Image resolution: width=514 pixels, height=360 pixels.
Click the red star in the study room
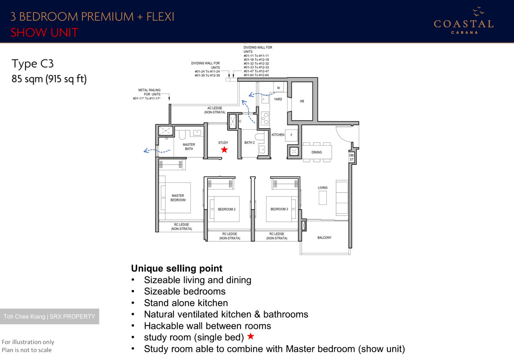(x=224, y=150)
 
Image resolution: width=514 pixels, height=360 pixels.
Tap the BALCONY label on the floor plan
(x=324, y=237)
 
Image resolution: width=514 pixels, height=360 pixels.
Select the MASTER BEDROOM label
(x=178, y=198)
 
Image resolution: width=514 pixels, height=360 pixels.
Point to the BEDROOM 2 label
(x=227, y=209)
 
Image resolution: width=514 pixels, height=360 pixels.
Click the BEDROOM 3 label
(x=279, y=209)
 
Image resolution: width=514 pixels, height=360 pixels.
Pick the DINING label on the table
(x=317, y=152)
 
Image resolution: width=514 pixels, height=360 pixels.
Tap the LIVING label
(x=323, y=188)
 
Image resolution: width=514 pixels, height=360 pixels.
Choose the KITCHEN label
(x=278, y=135)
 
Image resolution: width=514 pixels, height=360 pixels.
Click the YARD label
(x=278, y=99)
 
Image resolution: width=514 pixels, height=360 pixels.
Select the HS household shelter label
(x=302, y=101)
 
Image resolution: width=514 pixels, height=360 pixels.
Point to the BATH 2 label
(x=250, y=143)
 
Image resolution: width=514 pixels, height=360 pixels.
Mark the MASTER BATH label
(x=189, y=147)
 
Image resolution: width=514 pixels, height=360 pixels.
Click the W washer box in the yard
(x=278, y=88)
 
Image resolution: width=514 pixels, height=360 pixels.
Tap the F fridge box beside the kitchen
(x=291, y=135)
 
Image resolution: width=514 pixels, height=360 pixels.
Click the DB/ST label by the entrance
(x=352, y=157)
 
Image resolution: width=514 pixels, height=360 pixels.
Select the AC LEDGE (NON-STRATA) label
(x=215, y=110)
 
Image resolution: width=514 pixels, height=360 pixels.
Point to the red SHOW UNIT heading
(x=44, y=33)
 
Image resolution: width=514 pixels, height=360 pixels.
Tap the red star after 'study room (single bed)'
(x=251, y=336)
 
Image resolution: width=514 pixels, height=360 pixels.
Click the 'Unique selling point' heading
(x=177, y=269)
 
